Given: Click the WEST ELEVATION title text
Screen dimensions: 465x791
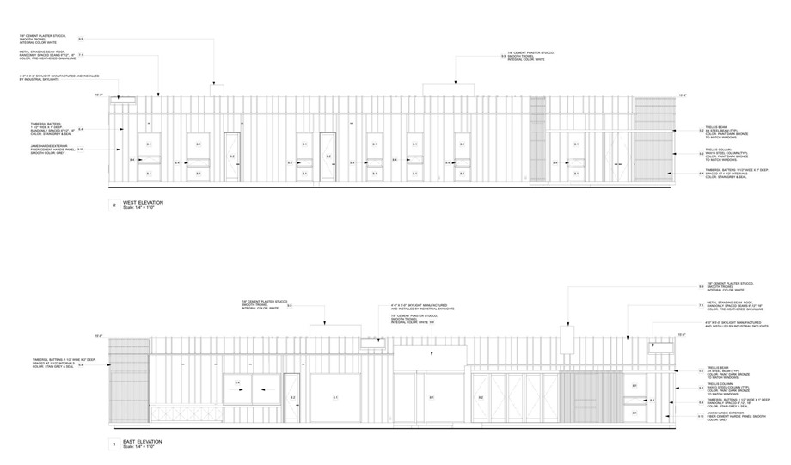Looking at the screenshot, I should [x=143, y=202].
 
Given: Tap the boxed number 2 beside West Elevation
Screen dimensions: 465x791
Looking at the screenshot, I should [x=112, y=205].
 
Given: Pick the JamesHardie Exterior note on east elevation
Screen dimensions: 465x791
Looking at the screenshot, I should [x=729, y=417].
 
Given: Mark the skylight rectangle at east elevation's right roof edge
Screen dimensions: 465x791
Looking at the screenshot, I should [x=659, y=346].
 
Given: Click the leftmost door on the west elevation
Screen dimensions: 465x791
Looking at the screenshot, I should [x=232, y=156].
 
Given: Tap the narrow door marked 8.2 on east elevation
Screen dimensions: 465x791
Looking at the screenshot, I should [x=291, y=398].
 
